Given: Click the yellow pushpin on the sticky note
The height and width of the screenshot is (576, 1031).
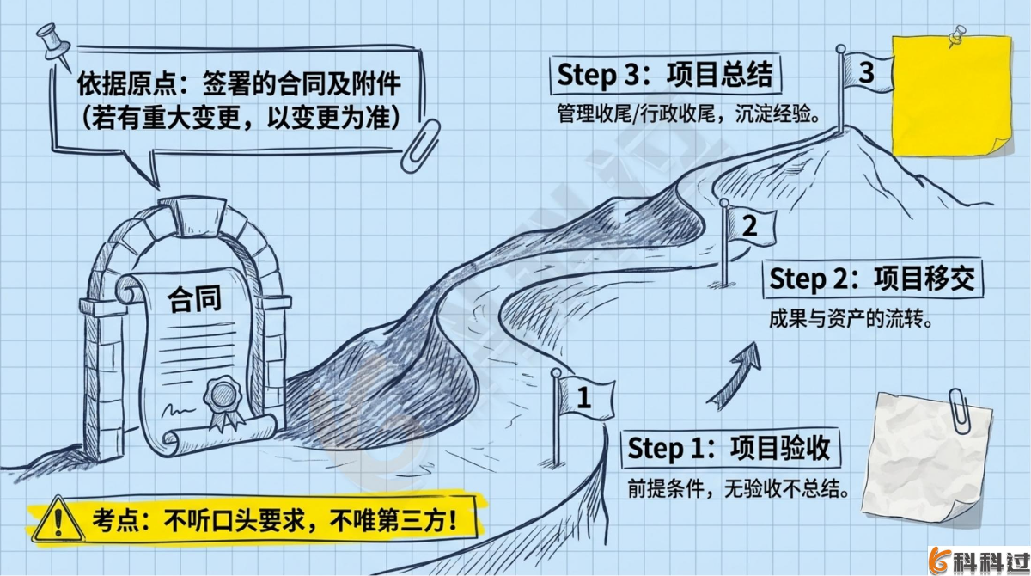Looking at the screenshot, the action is [x=954, y=36].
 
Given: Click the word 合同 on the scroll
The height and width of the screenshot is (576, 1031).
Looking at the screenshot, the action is [x=193, y=298].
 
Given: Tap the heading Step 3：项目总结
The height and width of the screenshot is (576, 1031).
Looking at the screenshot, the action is [x=665, y=75].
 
